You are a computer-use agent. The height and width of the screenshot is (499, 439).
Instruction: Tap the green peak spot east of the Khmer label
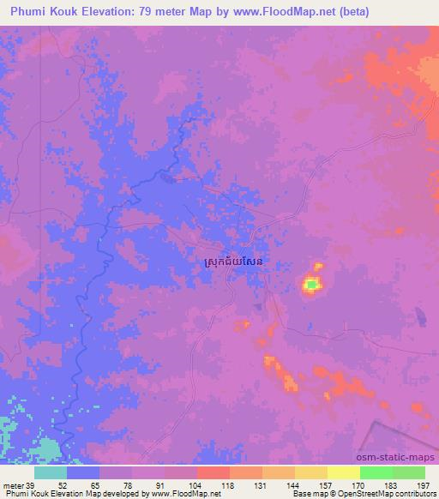point(312,284)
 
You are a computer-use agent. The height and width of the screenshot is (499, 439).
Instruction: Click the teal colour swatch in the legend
point(51,472)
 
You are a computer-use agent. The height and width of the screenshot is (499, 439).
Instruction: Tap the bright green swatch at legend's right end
point(409,472)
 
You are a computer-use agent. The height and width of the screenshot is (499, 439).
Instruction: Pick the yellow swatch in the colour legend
point(344,472)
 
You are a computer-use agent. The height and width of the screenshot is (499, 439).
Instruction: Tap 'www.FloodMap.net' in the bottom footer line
point(181,493)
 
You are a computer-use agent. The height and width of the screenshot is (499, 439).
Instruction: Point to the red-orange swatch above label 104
point(213,472)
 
